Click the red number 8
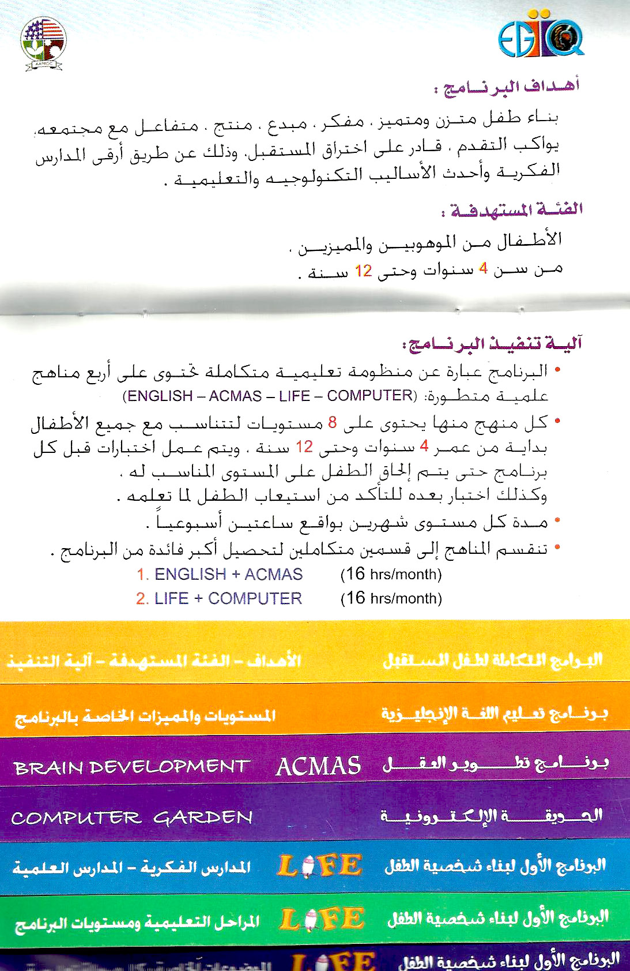coord(333,422)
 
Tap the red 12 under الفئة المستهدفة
coord(363,271)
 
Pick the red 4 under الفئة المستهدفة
coord(483,269)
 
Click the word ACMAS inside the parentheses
coord(235,396)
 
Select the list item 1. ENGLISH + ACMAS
coord(220,575)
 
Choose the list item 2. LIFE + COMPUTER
coord(219,599)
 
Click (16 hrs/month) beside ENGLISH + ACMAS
coord(391,575)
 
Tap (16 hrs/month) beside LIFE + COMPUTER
coord(391,599)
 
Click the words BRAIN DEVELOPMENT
coord(131,767)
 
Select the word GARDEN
coord(203,818)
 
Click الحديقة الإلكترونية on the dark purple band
coord(491,816)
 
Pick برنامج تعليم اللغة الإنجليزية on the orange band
coord(494,714)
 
